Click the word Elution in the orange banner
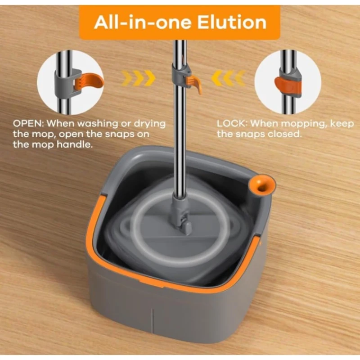(x=232, y=22)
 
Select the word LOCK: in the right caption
(x=232, y=123)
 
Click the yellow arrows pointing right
(x=139, y=78)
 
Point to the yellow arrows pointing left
(x=229, y=78)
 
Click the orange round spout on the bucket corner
(x=262, y=185)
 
